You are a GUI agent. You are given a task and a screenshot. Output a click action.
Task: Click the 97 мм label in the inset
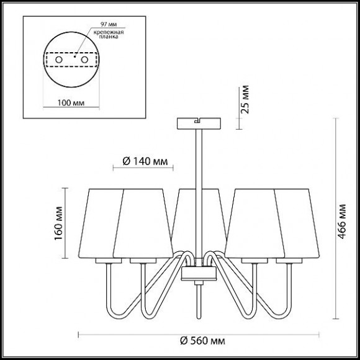point(109,24)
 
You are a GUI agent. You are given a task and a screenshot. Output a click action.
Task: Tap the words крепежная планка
point(109,34)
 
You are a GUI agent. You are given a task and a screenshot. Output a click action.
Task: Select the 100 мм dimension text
point(71,103)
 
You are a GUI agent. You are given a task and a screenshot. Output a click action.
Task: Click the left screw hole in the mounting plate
point(59,60)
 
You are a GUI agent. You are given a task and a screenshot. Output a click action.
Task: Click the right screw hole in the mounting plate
point(84,60)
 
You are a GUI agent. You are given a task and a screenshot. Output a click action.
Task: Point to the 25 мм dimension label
point(245,99)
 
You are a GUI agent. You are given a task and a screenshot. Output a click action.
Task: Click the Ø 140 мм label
point(145,161)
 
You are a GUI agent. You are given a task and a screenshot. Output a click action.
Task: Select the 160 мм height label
point(58,223)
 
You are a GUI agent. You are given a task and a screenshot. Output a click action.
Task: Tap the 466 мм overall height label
point(342,221)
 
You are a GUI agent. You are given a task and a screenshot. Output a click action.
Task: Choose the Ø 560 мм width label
point(202,341)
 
